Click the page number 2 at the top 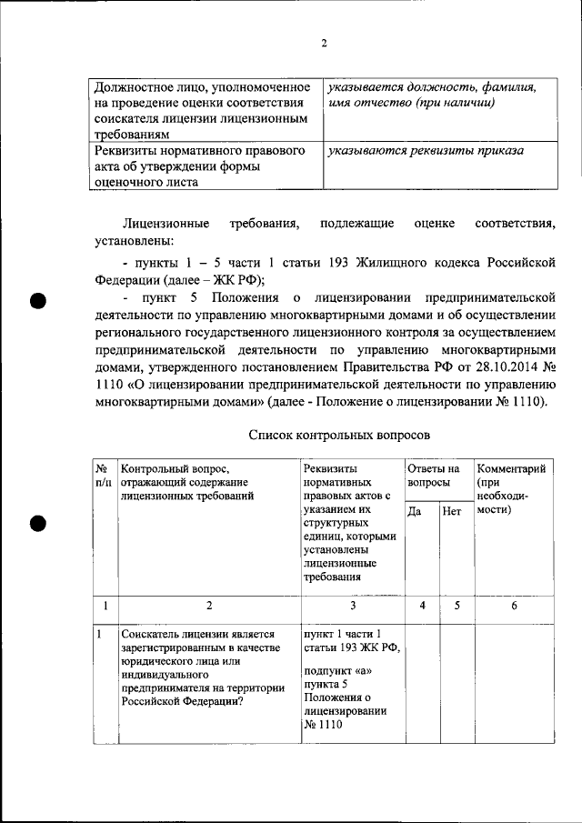click(x=323, y=45)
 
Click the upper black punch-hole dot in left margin click(x=37, y=303)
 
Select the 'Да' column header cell click(x=414, y=512)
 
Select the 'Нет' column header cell click(x=451, y=512)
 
